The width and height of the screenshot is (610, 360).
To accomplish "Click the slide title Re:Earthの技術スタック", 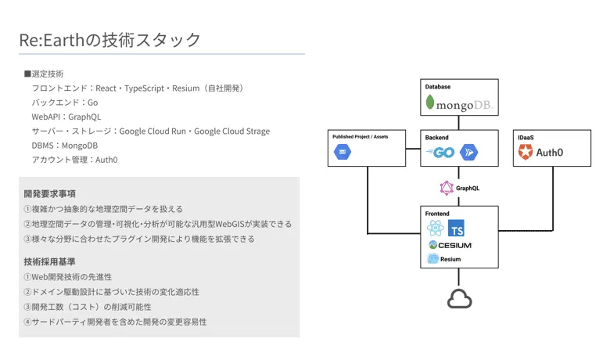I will (x=110, y=40).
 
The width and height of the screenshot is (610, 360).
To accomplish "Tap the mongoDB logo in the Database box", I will (x=460, y=104).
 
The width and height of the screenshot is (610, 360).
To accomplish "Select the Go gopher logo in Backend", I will (x=443, y=153).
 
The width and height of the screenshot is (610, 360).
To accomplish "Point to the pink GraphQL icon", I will (x=447, y=188).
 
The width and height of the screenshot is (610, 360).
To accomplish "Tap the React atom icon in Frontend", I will (x=436, y=228).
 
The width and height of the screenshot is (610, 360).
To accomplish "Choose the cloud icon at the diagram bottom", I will (x=460, y=299).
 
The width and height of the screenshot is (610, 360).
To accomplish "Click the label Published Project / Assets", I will (x=360, y=136).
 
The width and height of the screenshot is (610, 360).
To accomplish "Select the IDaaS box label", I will (x=526, y=137).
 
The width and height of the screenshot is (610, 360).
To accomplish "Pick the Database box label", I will (x=438, y=86).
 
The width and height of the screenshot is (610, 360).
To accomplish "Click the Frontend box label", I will (x=437, y=213).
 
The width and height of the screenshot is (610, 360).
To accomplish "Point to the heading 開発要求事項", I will (x=50, y=193).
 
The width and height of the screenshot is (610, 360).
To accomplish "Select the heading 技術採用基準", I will (x=50, y=261).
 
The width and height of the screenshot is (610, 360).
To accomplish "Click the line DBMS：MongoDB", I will (x=65, y=146).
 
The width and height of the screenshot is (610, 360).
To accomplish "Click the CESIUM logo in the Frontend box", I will (x=450, y=245).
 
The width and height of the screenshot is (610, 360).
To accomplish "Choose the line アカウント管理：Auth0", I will (x=74, y=160).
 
